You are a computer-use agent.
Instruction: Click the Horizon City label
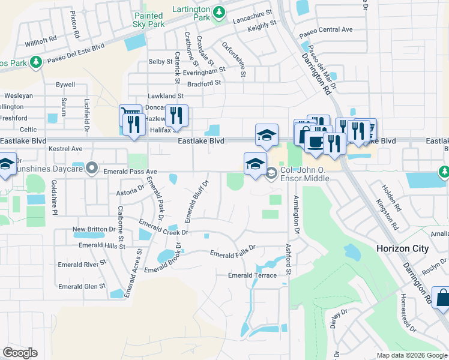(402, 248)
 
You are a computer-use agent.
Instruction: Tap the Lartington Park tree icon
(220, 11)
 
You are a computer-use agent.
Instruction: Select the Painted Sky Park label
(148, 20)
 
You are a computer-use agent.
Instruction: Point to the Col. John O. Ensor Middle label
(305, 175)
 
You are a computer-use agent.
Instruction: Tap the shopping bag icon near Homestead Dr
(442, 298)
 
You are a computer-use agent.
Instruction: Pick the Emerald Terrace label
(252, 275)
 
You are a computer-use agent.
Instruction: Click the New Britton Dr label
(94, 229)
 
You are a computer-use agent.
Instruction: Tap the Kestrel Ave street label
(65, 148)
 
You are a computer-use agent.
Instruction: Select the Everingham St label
(204, 70)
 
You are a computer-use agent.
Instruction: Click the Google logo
(20, 353)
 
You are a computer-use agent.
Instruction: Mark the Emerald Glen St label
(82, 287)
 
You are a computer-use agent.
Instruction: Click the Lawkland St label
(165, 96)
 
